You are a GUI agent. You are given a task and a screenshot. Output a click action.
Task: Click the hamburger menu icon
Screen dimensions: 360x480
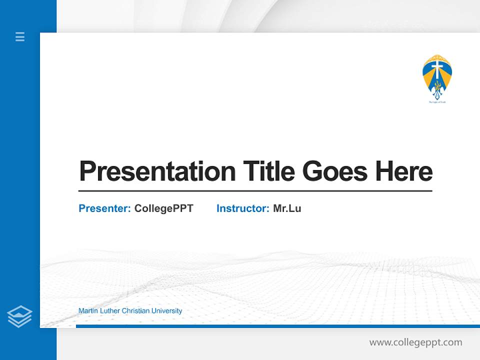point(20,36)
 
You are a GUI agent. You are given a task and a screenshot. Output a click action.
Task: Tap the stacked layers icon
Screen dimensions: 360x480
point(19,316)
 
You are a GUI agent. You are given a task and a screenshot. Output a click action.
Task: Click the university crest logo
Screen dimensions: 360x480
point(437,77)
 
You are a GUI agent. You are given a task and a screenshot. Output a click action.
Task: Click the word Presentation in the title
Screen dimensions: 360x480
point(157,171)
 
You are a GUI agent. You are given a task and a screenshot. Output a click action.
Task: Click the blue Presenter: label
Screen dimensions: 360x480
point(104,208)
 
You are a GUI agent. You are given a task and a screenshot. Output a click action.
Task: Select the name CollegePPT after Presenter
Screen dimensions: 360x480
point(163,208)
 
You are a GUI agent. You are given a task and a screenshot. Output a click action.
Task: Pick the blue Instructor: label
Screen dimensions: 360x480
point(242,208)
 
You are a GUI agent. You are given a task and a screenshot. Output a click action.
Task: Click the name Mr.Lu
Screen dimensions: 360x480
point(287,208)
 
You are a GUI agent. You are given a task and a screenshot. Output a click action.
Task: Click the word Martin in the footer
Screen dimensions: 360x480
point(87,311)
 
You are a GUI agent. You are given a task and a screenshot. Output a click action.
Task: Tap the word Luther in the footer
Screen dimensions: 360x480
point(108,311)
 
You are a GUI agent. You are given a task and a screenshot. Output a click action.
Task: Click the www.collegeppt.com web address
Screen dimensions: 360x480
point(415,342)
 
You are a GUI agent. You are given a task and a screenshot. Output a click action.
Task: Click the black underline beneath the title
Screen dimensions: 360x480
point(255,191)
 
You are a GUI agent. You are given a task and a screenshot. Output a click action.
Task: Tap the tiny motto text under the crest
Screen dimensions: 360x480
point(437,101)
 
